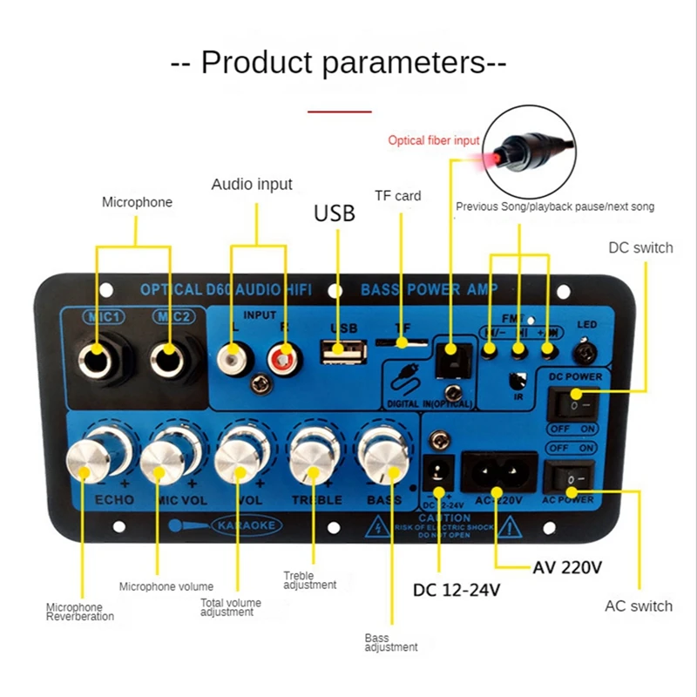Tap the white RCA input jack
[234, 355]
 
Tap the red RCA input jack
[281, 355]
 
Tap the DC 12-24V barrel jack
[438, 476]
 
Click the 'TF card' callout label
[397, 196]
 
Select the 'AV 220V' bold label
[566, 568]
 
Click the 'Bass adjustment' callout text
[391, 642]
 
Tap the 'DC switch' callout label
[640, 248]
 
